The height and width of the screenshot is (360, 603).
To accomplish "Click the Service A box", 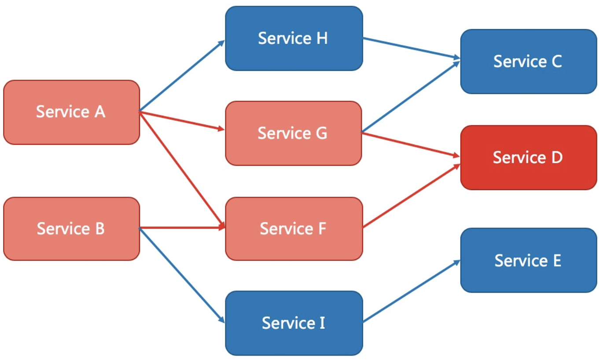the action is tap(72, 112).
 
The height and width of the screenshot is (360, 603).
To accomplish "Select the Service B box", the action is tap(72, 228).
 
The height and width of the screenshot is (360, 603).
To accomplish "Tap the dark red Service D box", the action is tap(529, 158).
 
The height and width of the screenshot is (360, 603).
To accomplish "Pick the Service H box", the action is tap(294, 38).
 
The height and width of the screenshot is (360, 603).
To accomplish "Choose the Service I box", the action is tap(294, 323).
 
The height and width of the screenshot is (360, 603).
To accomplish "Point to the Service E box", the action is tap(529, 260).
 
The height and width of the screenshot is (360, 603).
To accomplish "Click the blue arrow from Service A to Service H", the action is tap(182, 76).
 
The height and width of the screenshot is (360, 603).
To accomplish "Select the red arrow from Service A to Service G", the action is tap(182, 121).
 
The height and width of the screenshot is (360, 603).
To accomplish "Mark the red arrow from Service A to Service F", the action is tap(182, 170).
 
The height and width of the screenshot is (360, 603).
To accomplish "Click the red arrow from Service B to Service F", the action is tap(182, 228).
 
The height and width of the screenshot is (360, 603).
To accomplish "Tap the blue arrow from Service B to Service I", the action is tap(182, 276).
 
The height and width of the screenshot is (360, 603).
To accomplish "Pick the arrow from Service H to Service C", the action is tap(412, 48).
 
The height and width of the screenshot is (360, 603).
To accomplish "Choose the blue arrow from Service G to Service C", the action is tap(411, 97).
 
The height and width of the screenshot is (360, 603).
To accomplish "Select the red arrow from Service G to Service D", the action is tap(411, 145).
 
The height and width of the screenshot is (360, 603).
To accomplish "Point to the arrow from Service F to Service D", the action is tap(412, 196).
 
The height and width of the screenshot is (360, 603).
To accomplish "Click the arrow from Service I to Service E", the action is tap(412, 291).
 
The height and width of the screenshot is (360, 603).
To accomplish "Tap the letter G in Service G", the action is tap(321, 133).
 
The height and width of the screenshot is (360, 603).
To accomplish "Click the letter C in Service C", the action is tap(556, 61).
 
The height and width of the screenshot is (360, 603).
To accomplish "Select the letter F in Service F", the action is tap(322, 228).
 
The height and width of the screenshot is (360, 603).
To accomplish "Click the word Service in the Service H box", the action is tap(285, 38).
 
